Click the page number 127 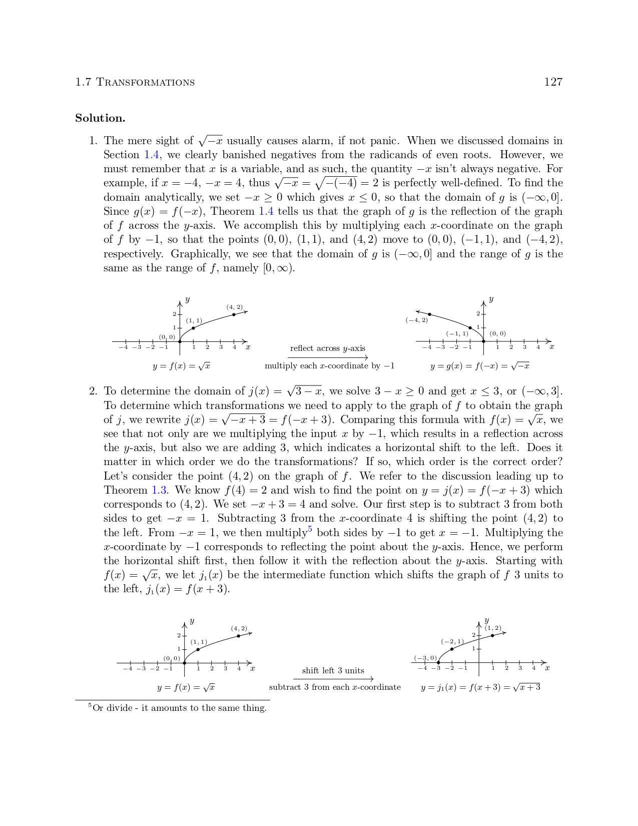(553, 82)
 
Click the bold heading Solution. (100, 118)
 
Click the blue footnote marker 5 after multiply (310, 529)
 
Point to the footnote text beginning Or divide (179, 708)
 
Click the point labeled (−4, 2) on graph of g (429, 314)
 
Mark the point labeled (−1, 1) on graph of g (470, 327)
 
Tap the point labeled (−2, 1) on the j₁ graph (452, 649)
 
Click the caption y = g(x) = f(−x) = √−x (479, 366)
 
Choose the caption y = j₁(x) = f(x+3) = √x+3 (480, 687)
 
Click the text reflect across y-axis (328, 348)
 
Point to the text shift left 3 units (333, 671)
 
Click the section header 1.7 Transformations (135, 82)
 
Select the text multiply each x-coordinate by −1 (329, 366)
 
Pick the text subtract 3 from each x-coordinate (335, 687)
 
